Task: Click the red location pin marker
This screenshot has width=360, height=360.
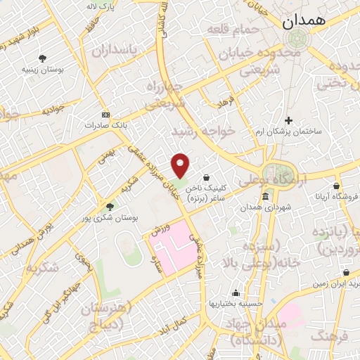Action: click(x=181, y=165)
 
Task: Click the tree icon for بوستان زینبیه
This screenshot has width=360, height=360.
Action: click(x=43, y=58)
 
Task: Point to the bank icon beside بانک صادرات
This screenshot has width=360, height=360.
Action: click(x=106, y=115)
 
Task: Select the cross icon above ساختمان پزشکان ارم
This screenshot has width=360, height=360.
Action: click(x=288, y=120)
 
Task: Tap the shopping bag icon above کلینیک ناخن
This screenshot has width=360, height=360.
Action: click(x=206, y=177)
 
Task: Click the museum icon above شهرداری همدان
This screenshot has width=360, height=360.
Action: click(x=264, y=198)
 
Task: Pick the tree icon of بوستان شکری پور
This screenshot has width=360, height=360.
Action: click(x=109, y=206)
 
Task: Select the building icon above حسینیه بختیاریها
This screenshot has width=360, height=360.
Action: click(x=236, y=293)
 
